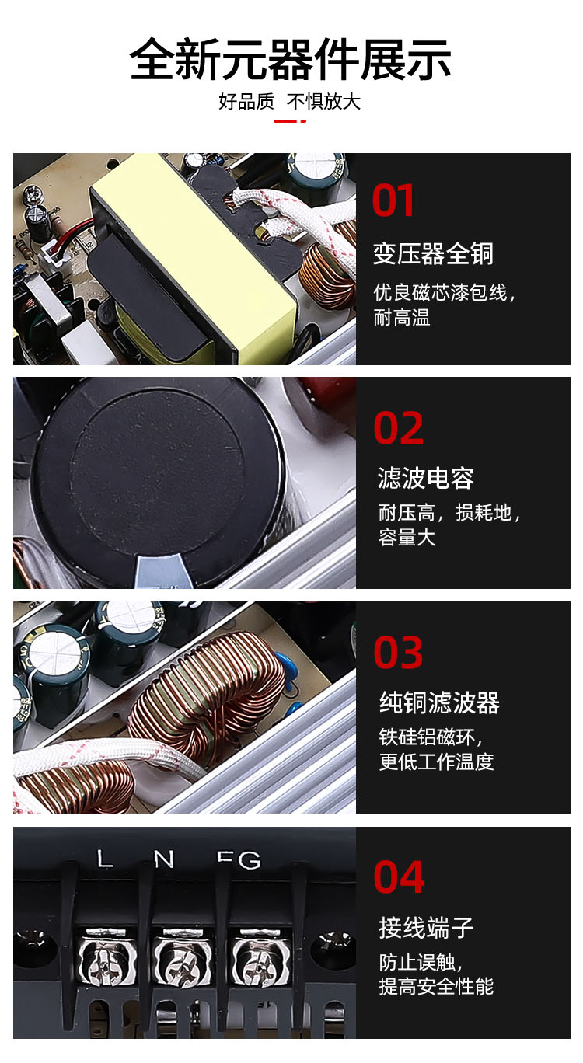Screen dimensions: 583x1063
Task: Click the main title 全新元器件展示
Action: pyautogui.click(x=290, y=59)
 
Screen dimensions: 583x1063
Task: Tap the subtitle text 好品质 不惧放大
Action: pyautogui.click(x=290, y=102)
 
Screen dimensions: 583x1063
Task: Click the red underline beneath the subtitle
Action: pyautogui.click(x=290, y=121)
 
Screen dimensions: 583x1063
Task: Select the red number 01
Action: pyautogui.click(x=393, y=200)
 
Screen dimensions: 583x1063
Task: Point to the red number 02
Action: pyautogui.click(x=398, y=428)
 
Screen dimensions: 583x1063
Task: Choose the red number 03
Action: pyautogui.click(x=398, y=653)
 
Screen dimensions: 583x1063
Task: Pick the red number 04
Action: pyautogui.click(x=399, y=877)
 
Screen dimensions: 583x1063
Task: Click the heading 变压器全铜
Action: pyautogui.click(x=433, y=253)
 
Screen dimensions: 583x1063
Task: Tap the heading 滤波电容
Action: pyautogui.click(x=425, y=478)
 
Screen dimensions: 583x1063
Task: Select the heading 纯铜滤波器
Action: pyautogui.click(x=439, y=702)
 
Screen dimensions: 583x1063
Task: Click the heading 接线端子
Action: pyautogui.click(x=426, y=927)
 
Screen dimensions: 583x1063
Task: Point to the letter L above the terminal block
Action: pyautogui.click(x=105, y=859)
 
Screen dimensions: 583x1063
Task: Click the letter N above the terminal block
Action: pyautogui.click(x=164, y=859)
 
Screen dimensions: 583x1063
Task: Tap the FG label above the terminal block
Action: pyautogui.click(x=239, y=860)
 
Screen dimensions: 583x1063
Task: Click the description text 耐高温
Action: pyautogui.click(x=402, y=318)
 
